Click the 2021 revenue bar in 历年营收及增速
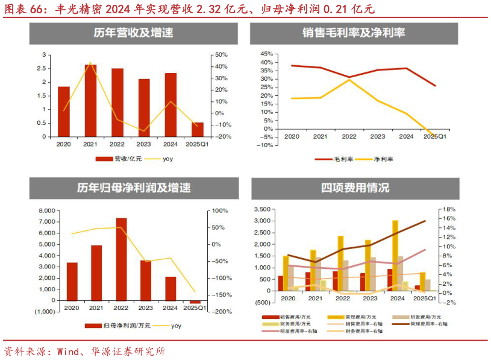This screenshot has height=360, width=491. coord(90,100)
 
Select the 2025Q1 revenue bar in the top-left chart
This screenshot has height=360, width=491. coord(198,130)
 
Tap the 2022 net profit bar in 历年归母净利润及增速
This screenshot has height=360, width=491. coord(121,259)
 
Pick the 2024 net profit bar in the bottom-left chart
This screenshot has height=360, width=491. coord(170,288)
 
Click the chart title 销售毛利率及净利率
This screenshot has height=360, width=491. coord(354,34)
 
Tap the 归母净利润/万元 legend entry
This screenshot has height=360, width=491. coord(126,326)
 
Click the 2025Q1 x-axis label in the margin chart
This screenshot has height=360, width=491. coord(434,137)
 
